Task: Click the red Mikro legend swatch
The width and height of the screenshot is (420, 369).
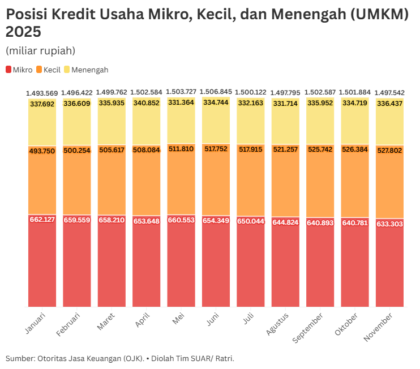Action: pyautogui.click(x=9, y=70)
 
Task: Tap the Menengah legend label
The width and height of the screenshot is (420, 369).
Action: pyautogui.click(x=89, y=70)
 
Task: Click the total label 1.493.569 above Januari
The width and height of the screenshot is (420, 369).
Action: pyautogui.click(x=42, y=93)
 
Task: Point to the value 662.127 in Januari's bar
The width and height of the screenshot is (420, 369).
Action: pyautogui.click(x=42, y=220)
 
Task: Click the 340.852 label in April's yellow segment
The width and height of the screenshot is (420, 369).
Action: pyautogui.click(x=146, y=103)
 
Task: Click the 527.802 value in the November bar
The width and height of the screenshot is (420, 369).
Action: pyautogui.click(x=389, y=151)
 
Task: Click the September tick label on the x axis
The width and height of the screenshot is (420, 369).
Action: pyautogui.click(x=308, y=327)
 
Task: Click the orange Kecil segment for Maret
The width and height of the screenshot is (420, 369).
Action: pyautogui.click(x=112, y=181)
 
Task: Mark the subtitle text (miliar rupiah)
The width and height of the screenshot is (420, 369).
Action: pyautogui.click(x=40, y=50)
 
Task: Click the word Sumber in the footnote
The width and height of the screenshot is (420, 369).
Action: pyautogui.click(x=19, y=358)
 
